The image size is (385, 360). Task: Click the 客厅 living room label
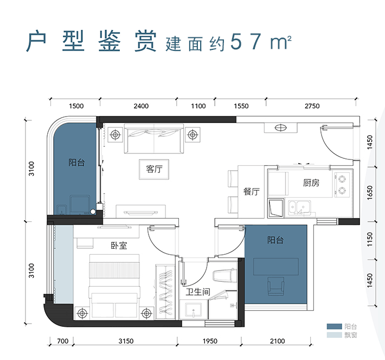pyautogui.click(x=155, y=169)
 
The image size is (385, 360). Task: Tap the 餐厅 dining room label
pyautogui.click(x=252, y=191)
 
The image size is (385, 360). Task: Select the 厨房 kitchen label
pyautogui.click(x=311, y=183)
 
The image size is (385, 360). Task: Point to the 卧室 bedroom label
pyautogui.click(x=118, y=246)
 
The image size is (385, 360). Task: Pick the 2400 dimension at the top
pyautogui.click(x=141, y=106)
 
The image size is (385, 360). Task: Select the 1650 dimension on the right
pyautogui.click(x=370, y=194)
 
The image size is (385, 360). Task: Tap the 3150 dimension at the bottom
pyautogui.click(x=126, y=341)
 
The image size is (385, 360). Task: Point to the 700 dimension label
pyautogui.click(x=62, y=341)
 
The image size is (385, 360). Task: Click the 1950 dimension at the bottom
pyautogui.click(x=210, y=341)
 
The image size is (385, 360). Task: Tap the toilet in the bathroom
pyautogui.click(x=223, y=276)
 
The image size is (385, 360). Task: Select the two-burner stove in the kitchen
pyautogui.click(x=343, y=184)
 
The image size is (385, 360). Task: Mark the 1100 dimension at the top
pyautogui.click(x=198, y=106)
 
